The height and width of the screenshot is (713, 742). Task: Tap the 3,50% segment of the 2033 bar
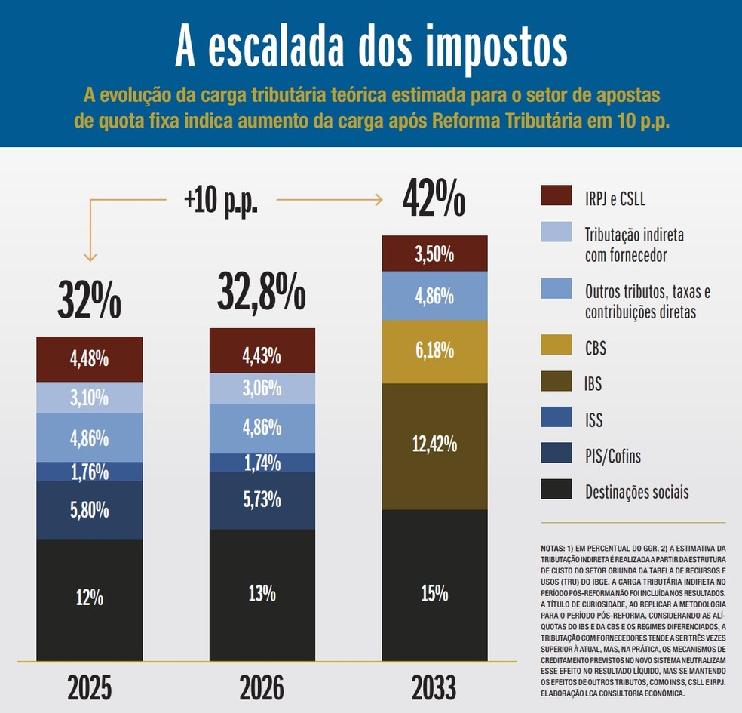click(x=434, y=254)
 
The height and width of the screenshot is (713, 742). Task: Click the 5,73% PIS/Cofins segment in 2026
click(x=262, y=499)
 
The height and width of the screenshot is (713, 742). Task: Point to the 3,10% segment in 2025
click(x=89, y=398)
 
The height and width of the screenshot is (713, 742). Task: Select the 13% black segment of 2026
click(x=262, y=594)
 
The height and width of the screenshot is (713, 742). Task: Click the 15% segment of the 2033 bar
click(x=434, y=594)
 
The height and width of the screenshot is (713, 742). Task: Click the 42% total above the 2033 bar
click(x=434, y=198)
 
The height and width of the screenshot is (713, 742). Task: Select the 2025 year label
click(x=89, y=688)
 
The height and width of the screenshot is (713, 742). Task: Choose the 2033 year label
click(x=434, y=688)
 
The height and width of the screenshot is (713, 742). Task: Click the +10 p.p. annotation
click(x=221, y=200)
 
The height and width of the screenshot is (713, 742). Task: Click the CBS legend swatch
click(x=556, y=345)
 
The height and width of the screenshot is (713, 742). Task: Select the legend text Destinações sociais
click(x=636, y=493)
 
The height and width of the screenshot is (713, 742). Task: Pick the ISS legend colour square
click(x=556, y=417)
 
